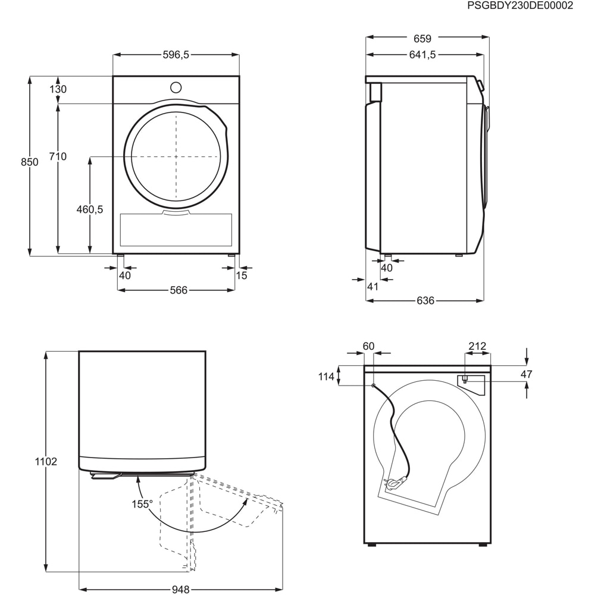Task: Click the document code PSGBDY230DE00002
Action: [520, 6]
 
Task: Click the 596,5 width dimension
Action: [176, 55]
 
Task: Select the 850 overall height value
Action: [29, 162]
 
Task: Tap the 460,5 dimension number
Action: [90, 209]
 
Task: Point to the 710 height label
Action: [58, 156]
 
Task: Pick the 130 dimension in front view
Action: [58, 89]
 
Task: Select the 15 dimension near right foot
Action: [241, 275]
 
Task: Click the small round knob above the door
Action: [176, 87]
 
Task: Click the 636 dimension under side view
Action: [425, 300]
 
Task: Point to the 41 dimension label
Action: [372, 287]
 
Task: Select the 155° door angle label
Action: [142, 503]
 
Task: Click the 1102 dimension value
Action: [46, 462]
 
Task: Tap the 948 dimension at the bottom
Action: [180, 590]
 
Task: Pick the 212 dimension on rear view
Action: [477, 346]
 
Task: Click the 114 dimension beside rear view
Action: [326, 376]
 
